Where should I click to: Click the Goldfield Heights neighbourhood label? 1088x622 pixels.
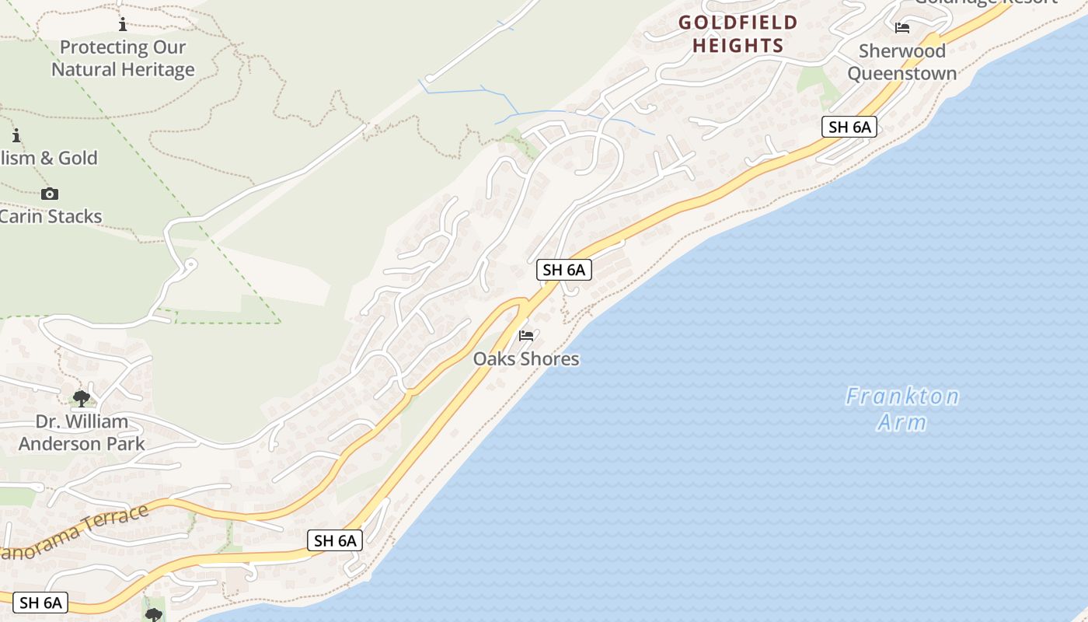click(738, 34)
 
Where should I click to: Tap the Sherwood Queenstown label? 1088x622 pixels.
click(901, 62)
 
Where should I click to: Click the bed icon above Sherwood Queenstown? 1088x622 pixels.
click(902, 28)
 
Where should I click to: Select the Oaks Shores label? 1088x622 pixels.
click(526, 358)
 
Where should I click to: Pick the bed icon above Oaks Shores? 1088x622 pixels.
click(526, 336)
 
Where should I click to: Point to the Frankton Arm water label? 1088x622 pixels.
click(902, 409)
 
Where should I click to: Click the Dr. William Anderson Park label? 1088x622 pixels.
click(82, 432)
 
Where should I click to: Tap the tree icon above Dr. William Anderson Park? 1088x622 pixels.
click(81, 399)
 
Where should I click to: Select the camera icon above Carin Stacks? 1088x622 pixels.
click(50, 194)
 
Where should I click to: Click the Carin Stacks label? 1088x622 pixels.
click(51, 216)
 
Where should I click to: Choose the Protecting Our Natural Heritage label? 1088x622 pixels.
click(123, 58)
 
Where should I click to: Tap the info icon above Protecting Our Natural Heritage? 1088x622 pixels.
click(123, 25)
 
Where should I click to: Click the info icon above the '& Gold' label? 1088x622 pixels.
click(16, 135)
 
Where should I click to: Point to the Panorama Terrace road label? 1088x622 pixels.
click(74, 533)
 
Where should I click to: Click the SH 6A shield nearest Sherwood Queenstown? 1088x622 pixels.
click(849, 127)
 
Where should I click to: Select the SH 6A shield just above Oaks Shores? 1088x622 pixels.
click(564, 270)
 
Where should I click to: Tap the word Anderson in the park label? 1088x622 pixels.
click(82, 444)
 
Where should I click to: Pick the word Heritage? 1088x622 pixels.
click(155, 69)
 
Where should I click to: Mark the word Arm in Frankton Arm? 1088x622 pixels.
click(902, 423)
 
